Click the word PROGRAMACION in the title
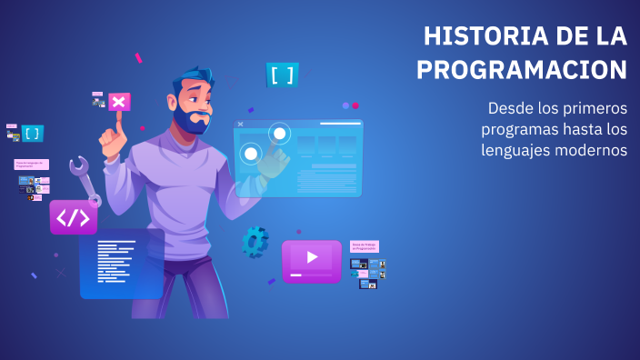click(522, 70)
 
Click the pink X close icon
click(118, 101)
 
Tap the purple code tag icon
click(74, 218)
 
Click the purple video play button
click(312, 258)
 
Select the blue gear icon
click(255, 241)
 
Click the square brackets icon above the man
click(282, 75)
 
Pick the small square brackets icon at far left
click(33, 134)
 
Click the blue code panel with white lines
click(121, 264)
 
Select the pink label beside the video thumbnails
click(364, 245)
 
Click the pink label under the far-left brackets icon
click(31, 165)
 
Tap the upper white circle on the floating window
click(279, 134)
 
